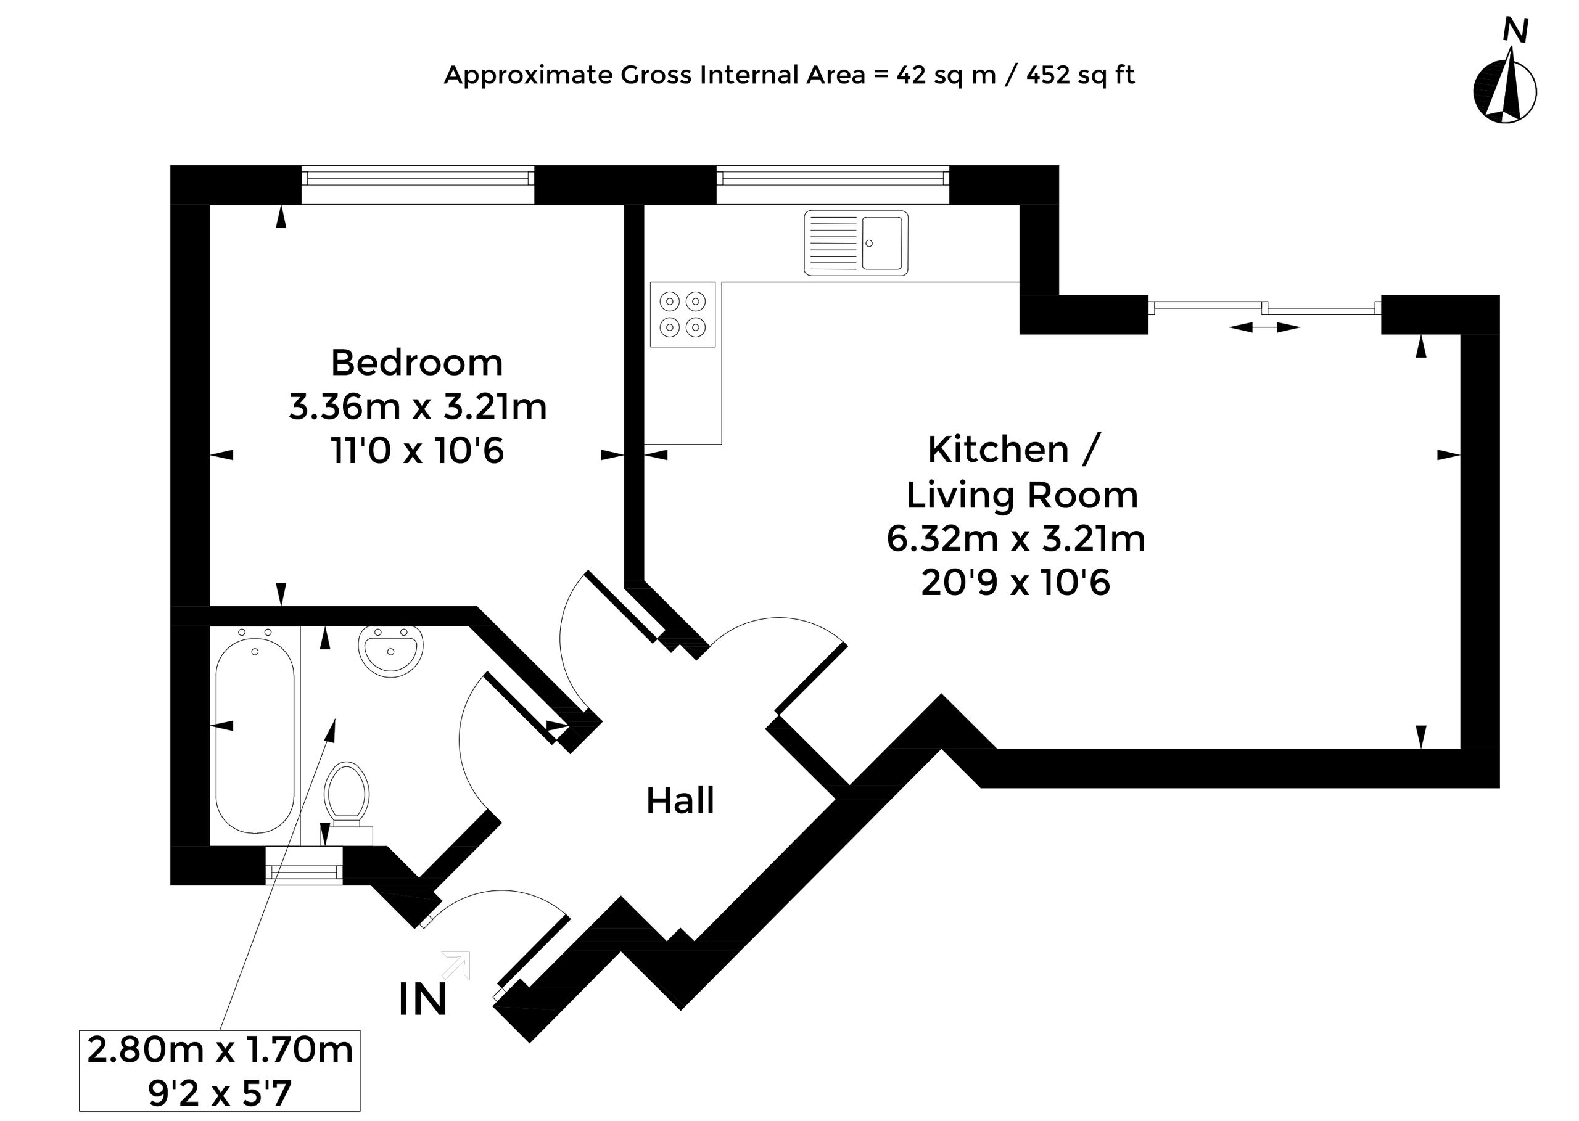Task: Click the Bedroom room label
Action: (x=417, y=363)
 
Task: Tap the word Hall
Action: (x=680, y=801)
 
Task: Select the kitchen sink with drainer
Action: (x=855, y=243)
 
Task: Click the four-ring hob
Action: (x=682, y=314)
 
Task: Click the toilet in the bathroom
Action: (x=348, y=803)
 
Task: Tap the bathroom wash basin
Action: (x=391, y=652)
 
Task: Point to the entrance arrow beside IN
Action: (x=457, y=964)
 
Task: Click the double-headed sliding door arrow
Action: (x=1264, y=327)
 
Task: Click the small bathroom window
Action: (x=304, y=866)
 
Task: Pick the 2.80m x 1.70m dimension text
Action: (x=220, y=1050)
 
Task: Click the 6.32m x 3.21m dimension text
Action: (x=1016, y=538)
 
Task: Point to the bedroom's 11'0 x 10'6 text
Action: (x=418, y=451)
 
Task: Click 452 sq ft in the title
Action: (x=1081, y=75)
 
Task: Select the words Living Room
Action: (x=1022, y=495)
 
